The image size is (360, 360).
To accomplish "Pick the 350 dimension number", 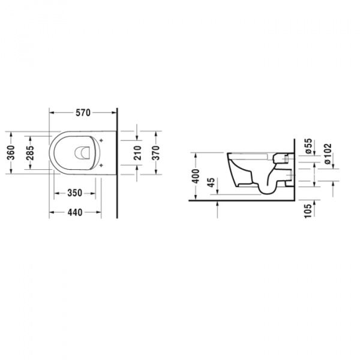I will click(74, 193).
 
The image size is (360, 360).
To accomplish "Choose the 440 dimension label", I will click(74, 212).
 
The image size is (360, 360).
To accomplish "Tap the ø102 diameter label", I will click(327, 153).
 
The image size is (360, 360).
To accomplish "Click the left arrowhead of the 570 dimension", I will click(50, 112).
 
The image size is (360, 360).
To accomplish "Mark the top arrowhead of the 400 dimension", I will click(196, 153).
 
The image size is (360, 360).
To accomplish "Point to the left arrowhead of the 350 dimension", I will click(56, 193).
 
